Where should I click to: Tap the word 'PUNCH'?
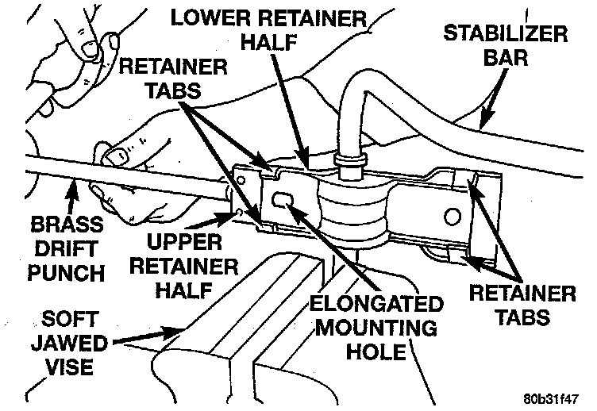(66, 274)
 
